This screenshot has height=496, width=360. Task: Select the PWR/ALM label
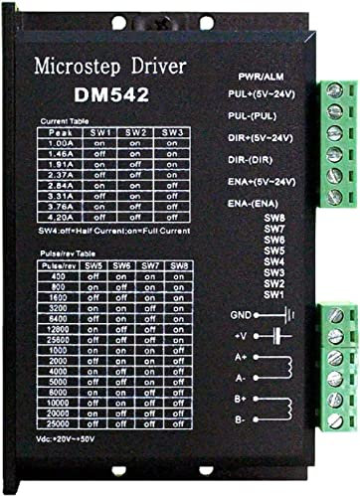pos(262,77)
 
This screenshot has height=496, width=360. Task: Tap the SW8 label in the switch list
pos(274,217)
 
